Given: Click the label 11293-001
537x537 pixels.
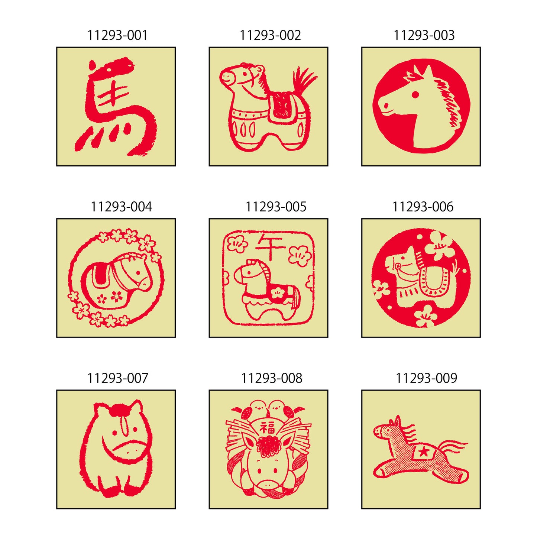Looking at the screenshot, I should tap(117, 35).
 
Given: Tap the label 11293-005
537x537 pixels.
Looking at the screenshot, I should tap(276, 207).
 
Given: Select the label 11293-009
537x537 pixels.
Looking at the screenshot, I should tap(426, 378).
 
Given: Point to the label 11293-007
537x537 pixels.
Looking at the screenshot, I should tap(117, 378).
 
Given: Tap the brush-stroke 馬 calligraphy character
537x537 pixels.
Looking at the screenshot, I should tap(115, 108).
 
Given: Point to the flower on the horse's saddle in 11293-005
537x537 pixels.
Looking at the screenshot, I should tap(277, 292).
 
